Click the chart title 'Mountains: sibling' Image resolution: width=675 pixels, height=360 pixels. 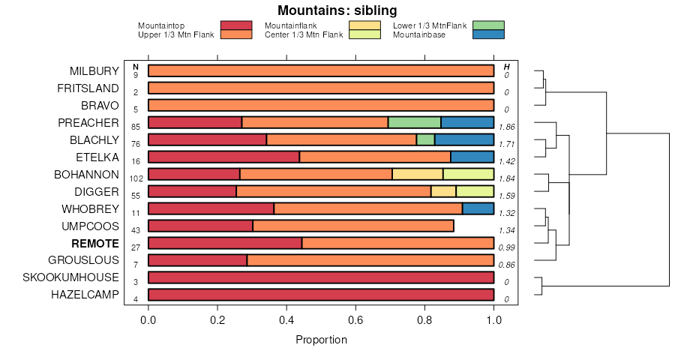pos(337,10)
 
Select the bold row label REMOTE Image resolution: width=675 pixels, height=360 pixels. pos(95,243)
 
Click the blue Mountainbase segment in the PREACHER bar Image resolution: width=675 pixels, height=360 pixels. pos(467,122)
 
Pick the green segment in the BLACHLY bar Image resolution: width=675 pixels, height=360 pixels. pos(425,139)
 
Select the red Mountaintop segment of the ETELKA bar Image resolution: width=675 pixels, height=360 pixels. pos(223,157)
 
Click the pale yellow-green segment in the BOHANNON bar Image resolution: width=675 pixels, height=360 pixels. pos(468,174)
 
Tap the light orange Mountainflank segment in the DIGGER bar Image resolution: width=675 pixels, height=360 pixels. pos(443,191)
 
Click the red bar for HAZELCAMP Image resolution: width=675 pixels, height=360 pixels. pos(321,295)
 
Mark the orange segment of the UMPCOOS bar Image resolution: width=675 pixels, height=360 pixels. pos(352,226)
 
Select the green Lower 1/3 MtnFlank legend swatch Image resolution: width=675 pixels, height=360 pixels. pos(488,25)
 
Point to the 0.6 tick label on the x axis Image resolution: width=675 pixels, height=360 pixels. pos(355,319)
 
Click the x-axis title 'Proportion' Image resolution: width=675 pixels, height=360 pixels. pos(321,340)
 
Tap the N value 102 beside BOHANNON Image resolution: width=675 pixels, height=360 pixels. pos(136,178)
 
